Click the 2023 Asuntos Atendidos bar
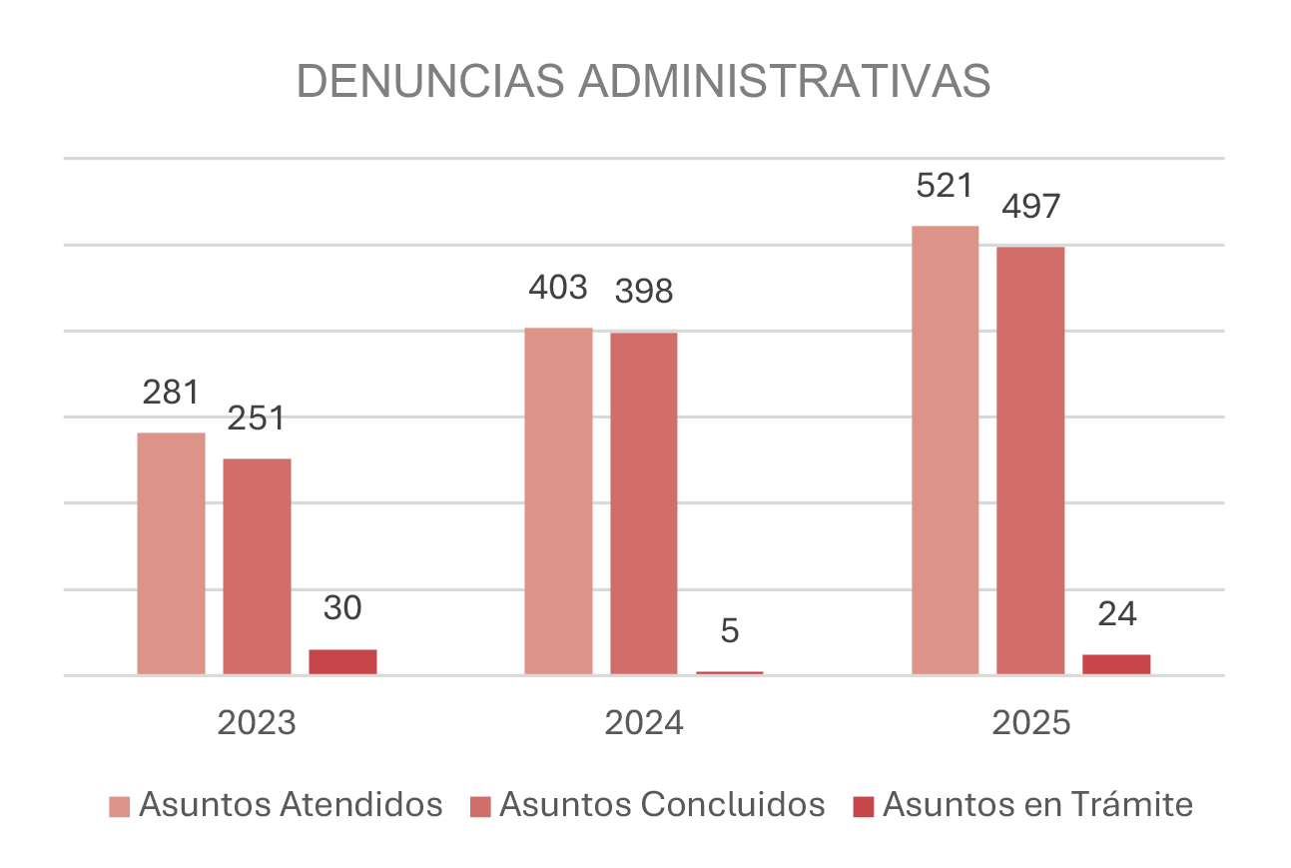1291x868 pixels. (171, 553)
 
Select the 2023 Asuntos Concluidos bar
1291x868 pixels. (257, 566)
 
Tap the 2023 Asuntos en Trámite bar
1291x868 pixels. (342, 662)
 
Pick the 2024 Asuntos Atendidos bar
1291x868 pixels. (558, 500)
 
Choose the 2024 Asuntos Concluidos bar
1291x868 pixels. (644, 503)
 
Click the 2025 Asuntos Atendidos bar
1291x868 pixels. (946, 449)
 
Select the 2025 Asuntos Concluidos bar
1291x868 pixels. (1030, 460)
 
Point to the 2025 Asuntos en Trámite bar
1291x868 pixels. (1116, 664)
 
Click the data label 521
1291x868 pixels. (946, 186)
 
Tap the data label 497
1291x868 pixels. (1030, 207)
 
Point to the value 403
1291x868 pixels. (558, 288)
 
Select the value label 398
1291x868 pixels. (644, 293)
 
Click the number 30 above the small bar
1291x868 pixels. (342, 608)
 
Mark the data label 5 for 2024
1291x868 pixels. (730, 631)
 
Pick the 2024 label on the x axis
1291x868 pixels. (644, 723)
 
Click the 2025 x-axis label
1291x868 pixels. (1030, 723)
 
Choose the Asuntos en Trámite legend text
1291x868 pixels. (1037, 805)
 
